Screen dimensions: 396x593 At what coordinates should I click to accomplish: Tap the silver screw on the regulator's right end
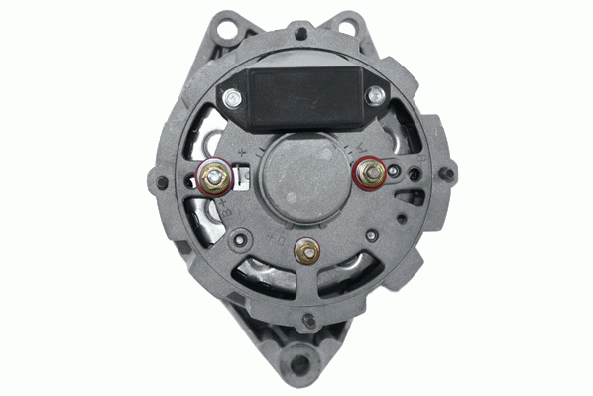pos(376,96)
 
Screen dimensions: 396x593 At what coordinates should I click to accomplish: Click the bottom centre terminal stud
pos(306,252)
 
